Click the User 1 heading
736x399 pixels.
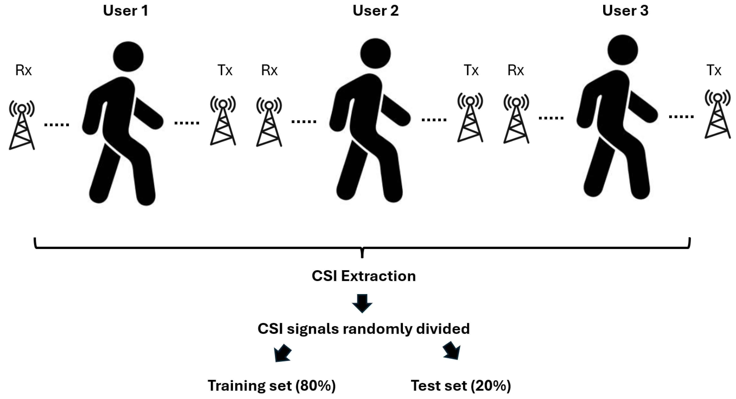[126, 11]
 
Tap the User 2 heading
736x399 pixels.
[375, 11]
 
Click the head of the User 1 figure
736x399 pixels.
[128, 56]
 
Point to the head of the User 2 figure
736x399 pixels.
[375, 53]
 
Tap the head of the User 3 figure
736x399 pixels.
[622, 50]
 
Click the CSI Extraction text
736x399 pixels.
[363, 276]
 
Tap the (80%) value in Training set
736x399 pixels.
[315, 386]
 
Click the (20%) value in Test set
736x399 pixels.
[491, 386]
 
